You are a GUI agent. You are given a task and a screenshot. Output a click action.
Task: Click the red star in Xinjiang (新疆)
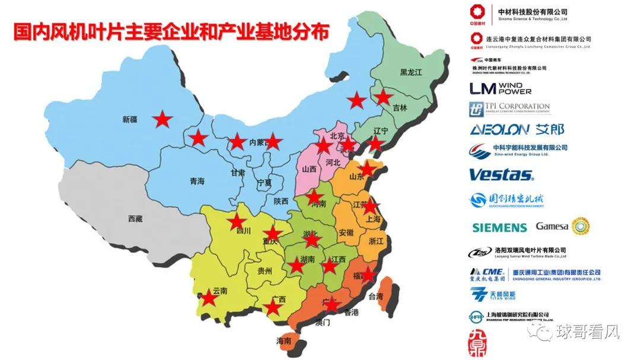coord(162,120)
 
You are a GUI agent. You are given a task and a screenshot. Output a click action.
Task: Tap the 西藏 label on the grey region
coord(135,219)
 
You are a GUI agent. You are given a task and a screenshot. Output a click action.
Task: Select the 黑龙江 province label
coord(410,72)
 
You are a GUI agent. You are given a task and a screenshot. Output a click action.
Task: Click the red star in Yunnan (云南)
coord(208,297)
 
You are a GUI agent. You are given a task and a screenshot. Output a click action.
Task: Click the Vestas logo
coord(501,175)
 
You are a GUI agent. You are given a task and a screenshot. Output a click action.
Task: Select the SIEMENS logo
coord(499,227)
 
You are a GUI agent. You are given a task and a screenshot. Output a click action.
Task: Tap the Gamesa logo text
coord(552,226)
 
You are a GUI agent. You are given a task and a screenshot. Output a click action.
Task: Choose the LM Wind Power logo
coord(501,88)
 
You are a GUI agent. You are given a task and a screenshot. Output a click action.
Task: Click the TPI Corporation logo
coord(509,109)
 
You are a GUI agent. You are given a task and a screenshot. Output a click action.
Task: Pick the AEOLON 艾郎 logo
coord(517,129)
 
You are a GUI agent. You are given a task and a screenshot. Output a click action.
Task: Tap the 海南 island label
coord(284,341)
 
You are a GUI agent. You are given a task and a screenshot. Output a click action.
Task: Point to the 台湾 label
coord(376,297)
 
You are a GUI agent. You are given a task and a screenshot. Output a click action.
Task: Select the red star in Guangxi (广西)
coord(272,307)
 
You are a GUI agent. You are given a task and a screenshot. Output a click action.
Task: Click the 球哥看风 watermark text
coord(587,333)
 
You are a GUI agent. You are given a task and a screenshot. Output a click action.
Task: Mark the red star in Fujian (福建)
coord(368,274)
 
